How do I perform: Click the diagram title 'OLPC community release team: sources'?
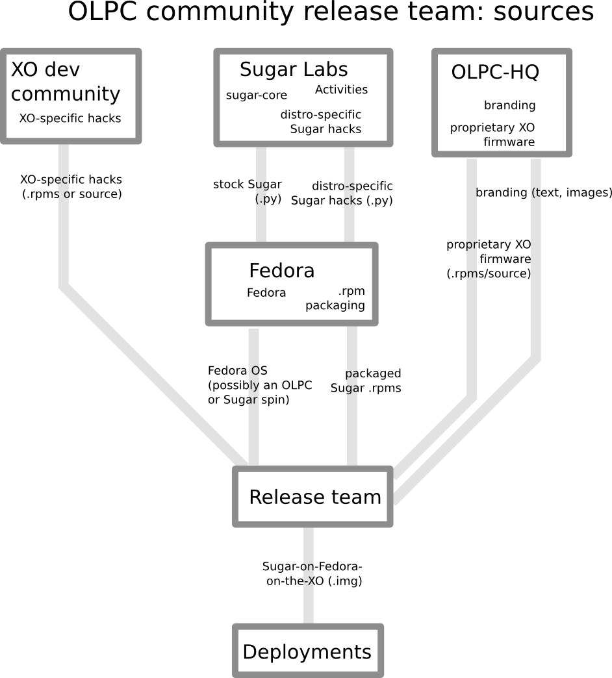pyautogui.click(x=331, y=12)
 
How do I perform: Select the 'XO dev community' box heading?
pyautogui.click(x=65, y=81)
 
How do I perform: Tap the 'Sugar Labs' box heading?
pyautogui.click(x=294, y=69)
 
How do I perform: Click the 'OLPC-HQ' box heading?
pyautogui.click(x=495, y=72)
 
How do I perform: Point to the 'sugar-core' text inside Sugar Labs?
pyautogui.click(x=256, y=95)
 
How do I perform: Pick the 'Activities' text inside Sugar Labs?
pyautogui.click(x=341, y=90)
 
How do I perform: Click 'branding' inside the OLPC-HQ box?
pyautogui.click(x=509, y=105)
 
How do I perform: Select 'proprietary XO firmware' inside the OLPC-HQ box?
pyautogui.click(x=492, y=134)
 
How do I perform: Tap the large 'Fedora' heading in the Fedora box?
pyautogui.click(x=281, y=270)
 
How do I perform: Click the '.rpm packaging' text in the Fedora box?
pyautogui.click(x=335, y=298)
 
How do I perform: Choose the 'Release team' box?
pyautogui.click(x=314, y=497)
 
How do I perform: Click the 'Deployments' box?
pyautogui.click(x=307, y=651)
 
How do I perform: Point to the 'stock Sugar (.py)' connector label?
pyautogui.click(x=248, y=192)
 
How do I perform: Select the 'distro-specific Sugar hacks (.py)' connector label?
pyautogui.click(x=342, y=194)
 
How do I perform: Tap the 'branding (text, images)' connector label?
pyautogui.click(x=544, y=193)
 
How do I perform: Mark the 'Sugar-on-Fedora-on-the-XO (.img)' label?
pyautogui.click(x=312, y=574)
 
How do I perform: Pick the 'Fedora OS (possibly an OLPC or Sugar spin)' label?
pyautogui.click(x=259, y=385)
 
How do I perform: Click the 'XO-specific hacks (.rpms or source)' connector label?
pyautogui.click(x=71, y=186)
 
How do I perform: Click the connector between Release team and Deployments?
pyautogui.click(x=309, y=610)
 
